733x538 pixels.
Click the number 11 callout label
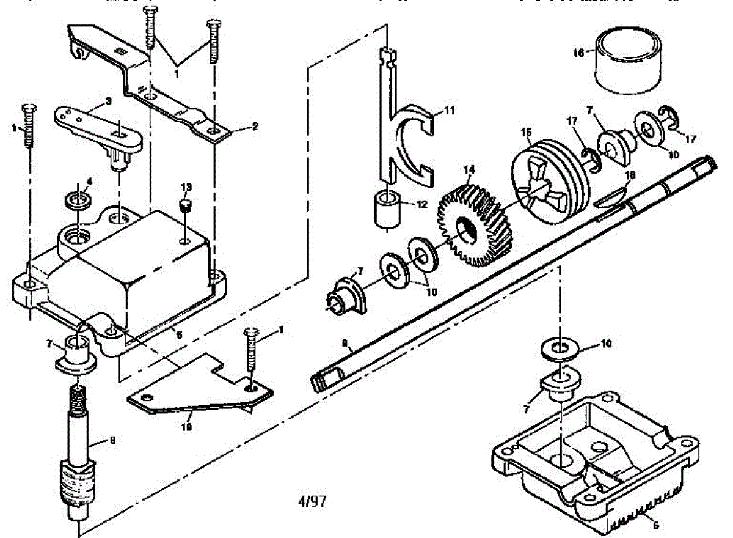pos(450,111)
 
